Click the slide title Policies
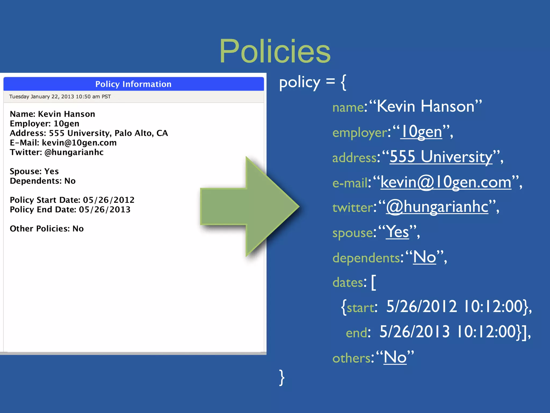point(275,51)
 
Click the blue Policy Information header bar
point(133,84)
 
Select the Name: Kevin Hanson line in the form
point(52,114)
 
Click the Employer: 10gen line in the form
point(45,124)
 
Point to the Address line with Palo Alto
point(89,133)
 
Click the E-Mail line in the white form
point(63,143)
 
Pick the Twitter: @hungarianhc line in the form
point(57,152)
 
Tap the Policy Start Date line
point(72,200)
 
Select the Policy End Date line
point(70,209)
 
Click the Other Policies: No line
point(47,229)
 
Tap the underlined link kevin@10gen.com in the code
point(446,182)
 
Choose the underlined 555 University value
point(441,157)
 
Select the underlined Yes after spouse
point(397,232)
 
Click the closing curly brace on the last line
point(282,378)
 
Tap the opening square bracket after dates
point(374,282)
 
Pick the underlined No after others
point(395,357)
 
